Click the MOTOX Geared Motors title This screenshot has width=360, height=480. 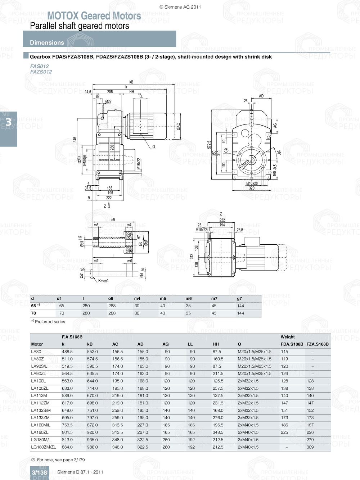(94, 16)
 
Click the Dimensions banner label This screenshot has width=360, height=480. (47, 42)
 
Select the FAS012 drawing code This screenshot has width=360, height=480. (39, 66)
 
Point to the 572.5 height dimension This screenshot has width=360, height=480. (209, 145)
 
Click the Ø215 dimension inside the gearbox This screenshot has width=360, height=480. (246, 163)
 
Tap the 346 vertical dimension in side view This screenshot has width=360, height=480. (75, 139)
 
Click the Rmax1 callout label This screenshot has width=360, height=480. (103, 281)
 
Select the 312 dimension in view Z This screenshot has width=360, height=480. (192, 256)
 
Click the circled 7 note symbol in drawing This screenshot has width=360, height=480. (226, 150)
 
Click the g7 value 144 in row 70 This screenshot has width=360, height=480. (240, 313)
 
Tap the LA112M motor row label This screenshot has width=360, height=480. (39, 395)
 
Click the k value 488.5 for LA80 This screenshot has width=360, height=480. (67, 352)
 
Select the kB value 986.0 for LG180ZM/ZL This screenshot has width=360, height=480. (92, 447)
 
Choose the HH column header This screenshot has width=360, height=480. (216, 344)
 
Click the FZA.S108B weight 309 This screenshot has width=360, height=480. (310, 447)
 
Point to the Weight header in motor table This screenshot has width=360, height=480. (288, 337)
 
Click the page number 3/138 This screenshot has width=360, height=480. (39, 472)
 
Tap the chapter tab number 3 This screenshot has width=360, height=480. (8, 122)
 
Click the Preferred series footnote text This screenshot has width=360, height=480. (50, 322)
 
